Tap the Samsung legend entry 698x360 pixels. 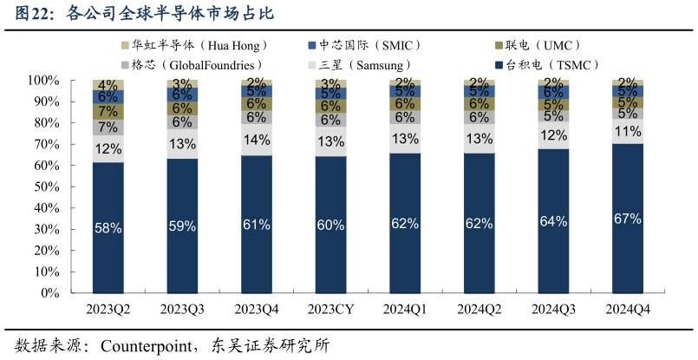tap(364, 65)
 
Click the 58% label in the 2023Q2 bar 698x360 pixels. tap(108, 228)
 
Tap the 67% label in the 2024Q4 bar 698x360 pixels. tap(627, 219)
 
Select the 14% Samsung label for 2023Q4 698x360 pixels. tap(257, 140)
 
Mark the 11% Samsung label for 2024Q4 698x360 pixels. tap(627, 132)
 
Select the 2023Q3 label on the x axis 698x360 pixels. tap(182, 310)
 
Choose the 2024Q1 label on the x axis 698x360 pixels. tap(405, 310)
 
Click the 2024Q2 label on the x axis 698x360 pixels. tap(479, 310)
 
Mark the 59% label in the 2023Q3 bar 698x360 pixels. tap(182, 226)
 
